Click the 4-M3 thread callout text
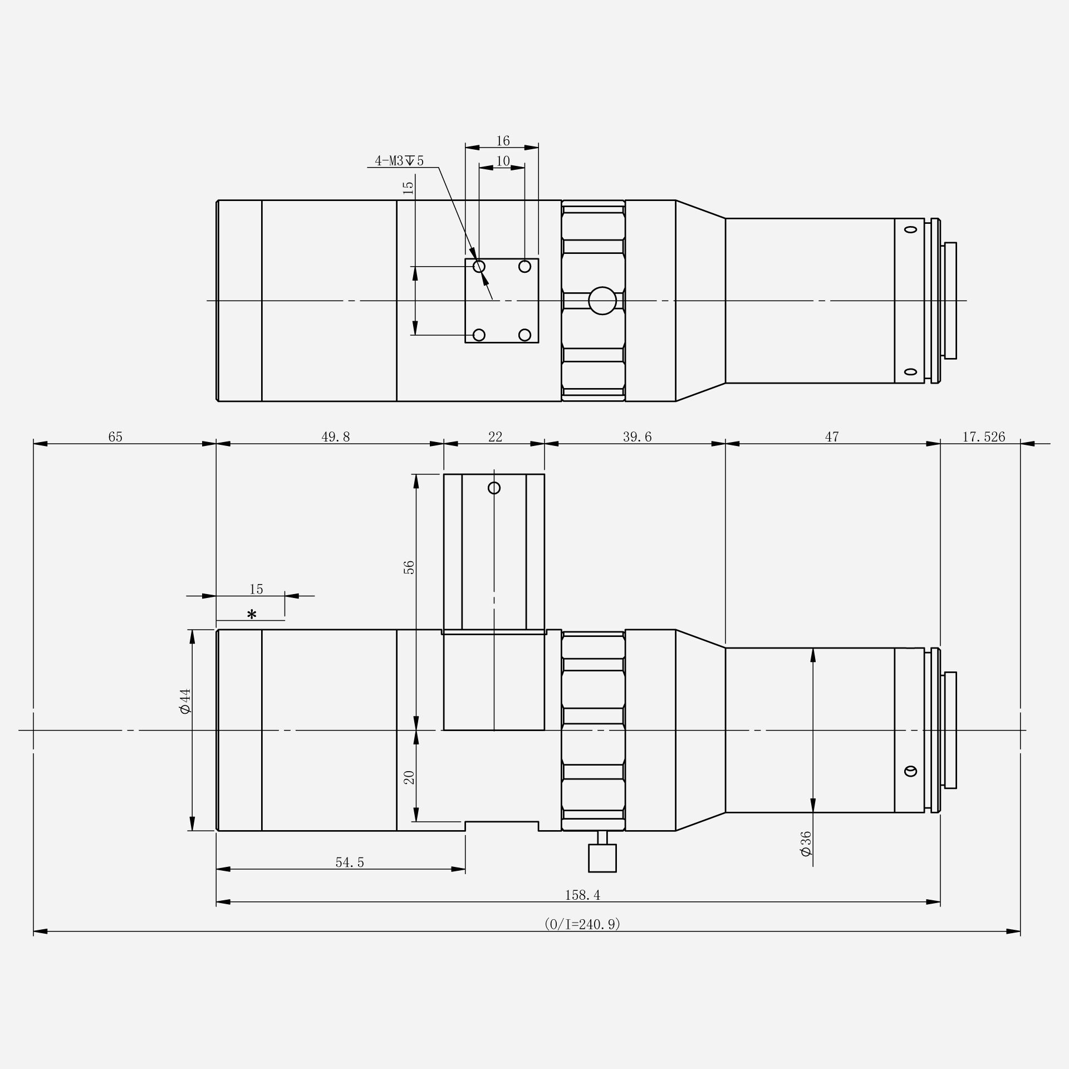pyautogui.click(x=399, y=161)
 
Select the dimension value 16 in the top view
pyautogui.click(x=503, y=140)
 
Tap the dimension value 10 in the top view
pyautogui.click(x=503, y=161)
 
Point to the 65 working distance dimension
pyautogui.click(x=115, y=437)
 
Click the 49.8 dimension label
pyautogui.click(x=336, y=437)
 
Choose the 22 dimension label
pyautogui.click(x=495, y=437)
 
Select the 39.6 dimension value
pyautogui.click(x=637, y=437)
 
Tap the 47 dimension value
pyautogui.click(x=832, y=437)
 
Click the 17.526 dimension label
pyautogui.click(x=984, y=437)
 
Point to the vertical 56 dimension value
pyautogui.click(x=409, y=567)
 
